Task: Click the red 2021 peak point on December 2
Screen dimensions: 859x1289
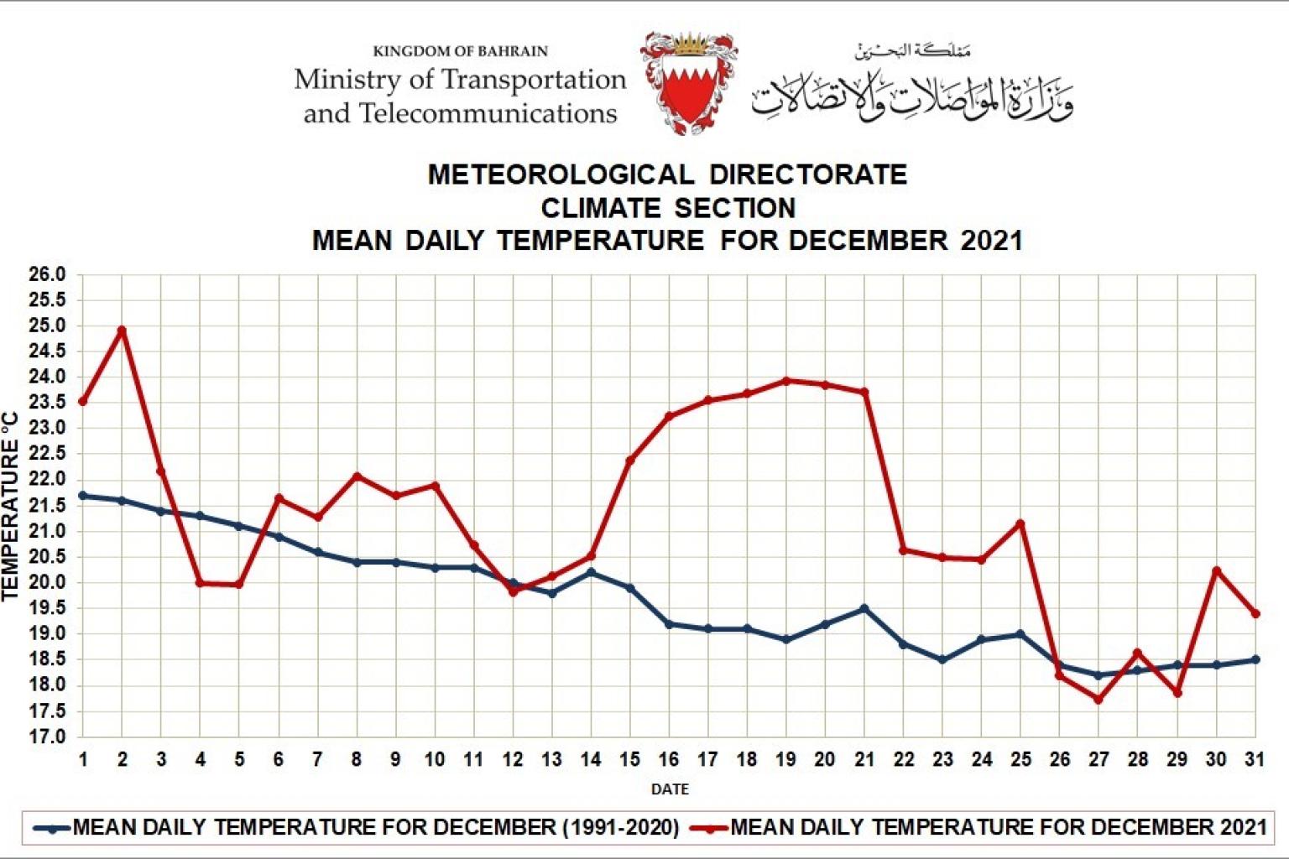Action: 123,331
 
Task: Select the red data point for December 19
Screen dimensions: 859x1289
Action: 786,381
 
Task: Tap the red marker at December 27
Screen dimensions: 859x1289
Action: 1099,700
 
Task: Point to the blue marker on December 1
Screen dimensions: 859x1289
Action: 82,496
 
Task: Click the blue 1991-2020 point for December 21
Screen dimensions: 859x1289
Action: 864,608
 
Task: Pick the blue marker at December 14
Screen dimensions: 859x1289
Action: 591,572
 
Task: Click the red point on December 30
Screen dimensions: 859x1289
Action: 1216,570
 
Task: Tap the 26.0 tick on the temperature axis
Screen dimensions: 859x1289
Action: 47,274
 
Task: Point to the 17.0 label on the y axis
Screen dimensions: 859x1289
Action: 47,737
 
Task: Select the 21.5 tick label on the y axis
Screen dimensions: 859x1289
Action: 47,505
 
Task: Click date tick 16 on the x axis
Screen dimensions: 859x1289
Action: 669,759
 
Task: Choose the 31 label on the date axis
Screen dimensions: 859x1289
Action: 1255,759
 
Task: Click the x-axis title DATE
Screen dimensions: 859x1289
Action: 670,789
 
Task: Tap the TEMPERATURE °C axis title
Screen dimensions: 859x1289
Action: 11,506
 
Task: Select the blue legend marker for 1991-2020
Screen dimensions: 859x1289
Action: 53,829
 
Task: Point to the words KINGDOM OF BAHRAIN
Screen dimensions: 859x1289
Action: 460,51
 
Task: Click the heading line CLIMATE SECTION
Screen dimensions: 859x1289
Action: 668,208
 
